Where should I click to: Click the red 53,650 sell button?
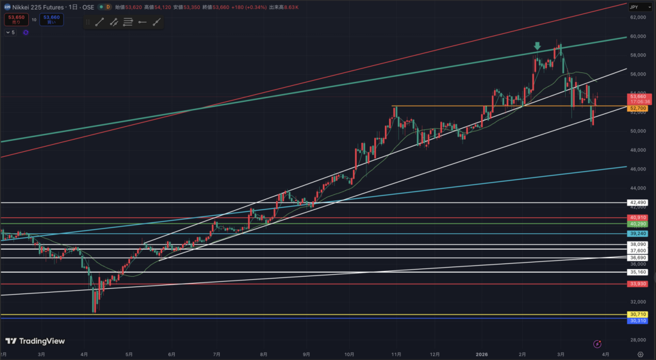[x=15, y=20]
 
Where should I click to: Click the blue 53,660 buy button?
[x=51, y=20]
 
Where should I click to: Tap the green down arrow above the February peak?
[x=537, y=46]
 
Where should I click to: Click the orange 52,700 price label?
[x=637, y=109]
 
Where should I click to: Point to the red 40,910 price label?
[x=637, y=218]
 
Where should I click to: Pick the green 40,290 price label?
[x=637, y=224]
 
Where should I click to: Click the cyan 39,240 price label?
[x=637, y=234]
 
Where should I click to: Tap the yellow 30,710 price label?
[x=637, y=314]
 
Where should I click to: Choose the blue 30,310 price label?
[x=637, y=320]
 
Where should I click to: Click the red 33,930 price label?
[x=637, y=283]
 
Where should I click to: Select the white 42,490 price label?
[x=637, y=202]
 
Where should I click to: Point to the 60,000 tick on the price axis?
[x=637, y=37]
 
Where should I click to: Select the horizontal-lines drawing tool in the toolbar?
[x=127, y=22]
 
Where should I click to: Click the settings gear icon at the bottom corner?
[x=641, y=354]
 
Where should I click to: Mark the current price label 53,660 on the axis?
[x=637, y=96]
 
